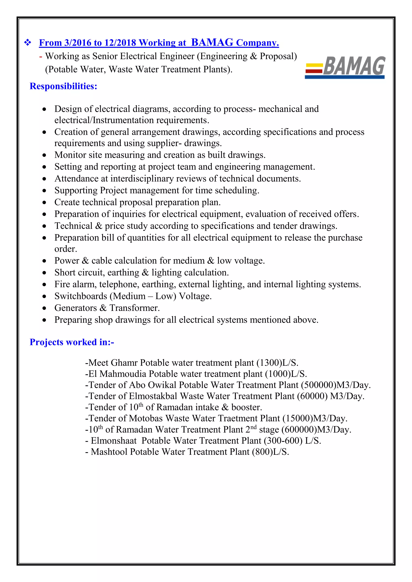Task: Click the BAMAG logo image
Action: coord(345,67)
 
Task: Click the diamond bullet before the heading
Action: coord(27,42)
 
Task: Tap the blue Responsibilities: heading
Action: coord(63,86)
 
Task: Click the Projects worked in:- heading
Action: coord(72,342)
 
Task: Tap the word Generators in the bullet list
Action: coord(76,308)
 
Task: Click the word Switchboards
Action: coord(81,296)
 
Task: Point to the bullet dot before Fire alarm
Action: coord(44,285)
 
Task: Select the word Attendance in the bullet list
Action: coord(76,179)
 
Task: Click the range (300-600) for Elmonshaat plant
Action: coord(283,441)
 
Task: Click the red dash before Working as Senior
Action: coord(41,56)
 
